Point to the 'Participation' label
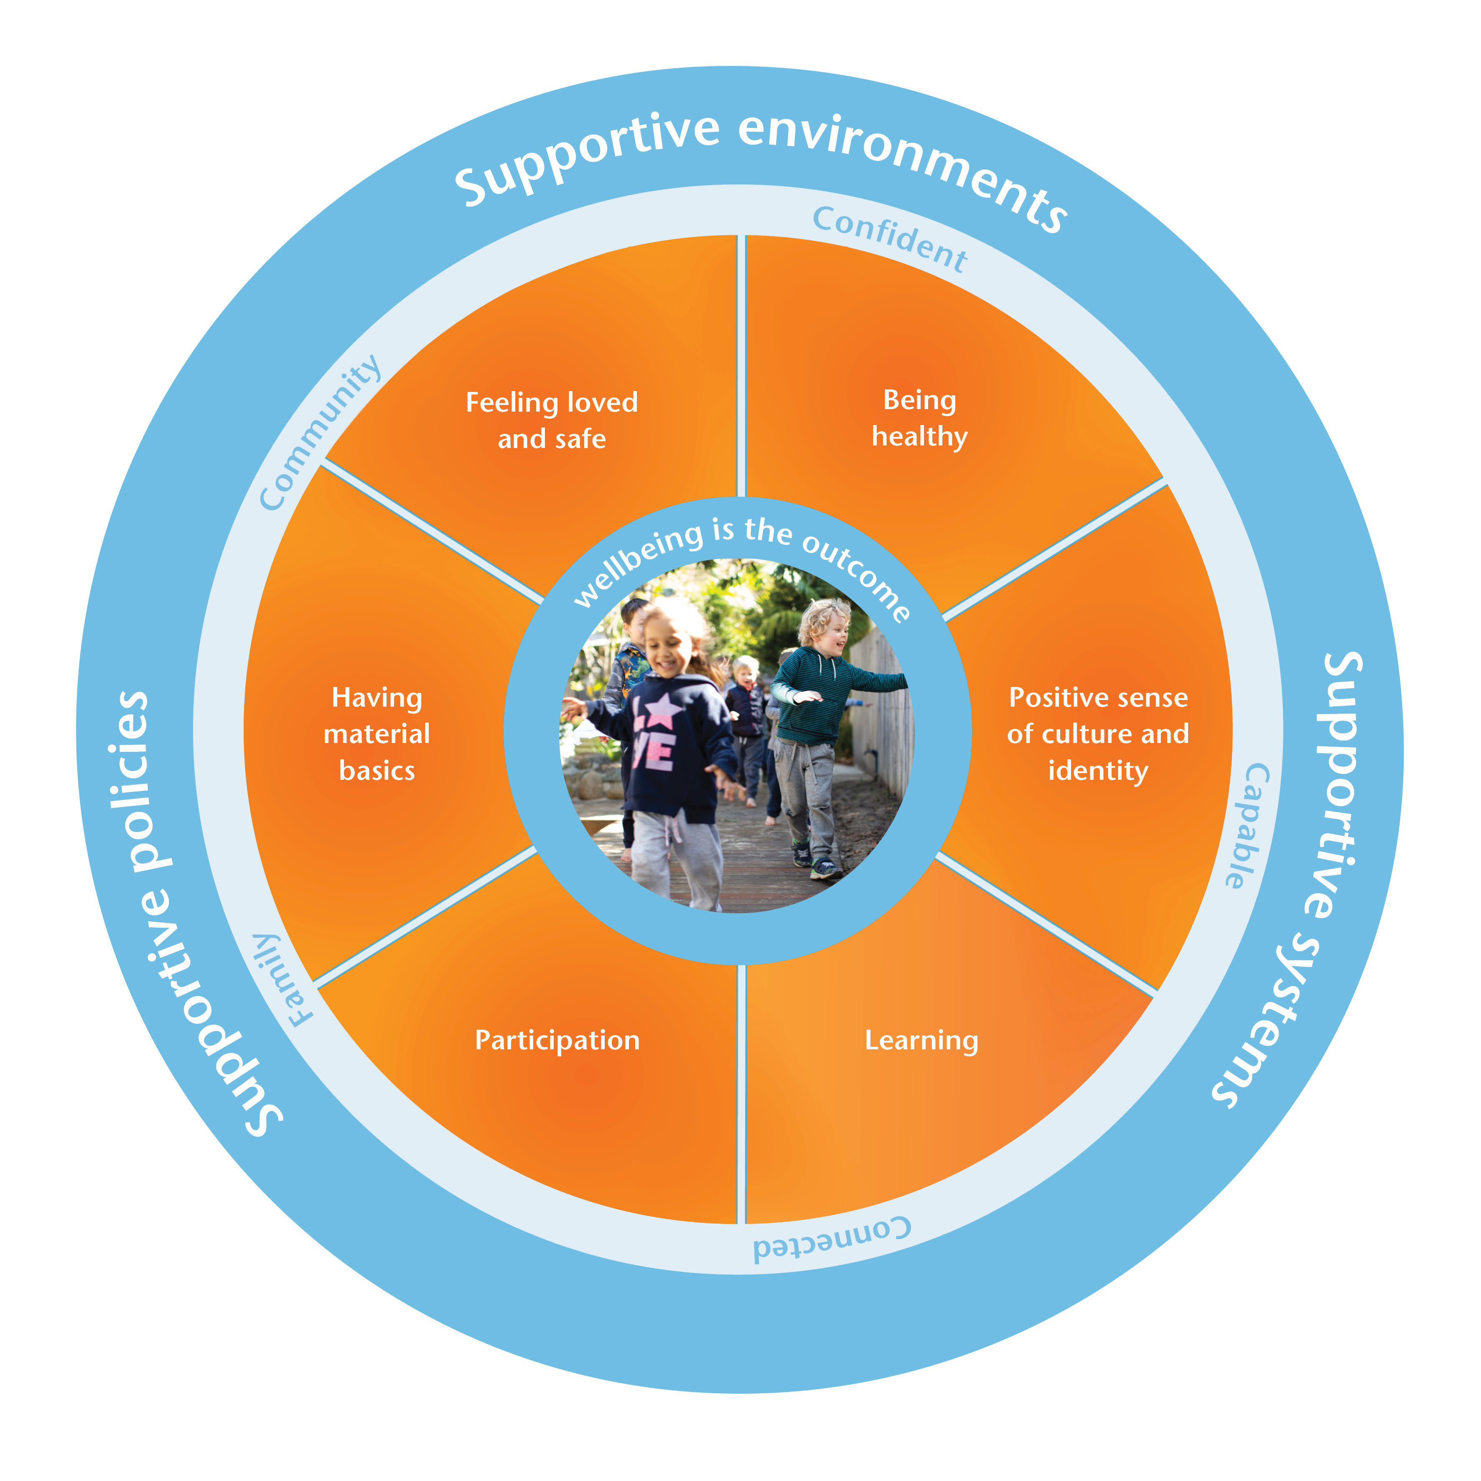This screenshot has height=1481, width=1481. (x=557, y=1040)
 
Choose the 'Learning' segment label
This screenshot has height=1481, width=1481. (x=921, y=1040)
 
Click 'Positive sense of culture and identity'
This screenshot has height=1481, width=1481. (x=1098, y=733)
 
